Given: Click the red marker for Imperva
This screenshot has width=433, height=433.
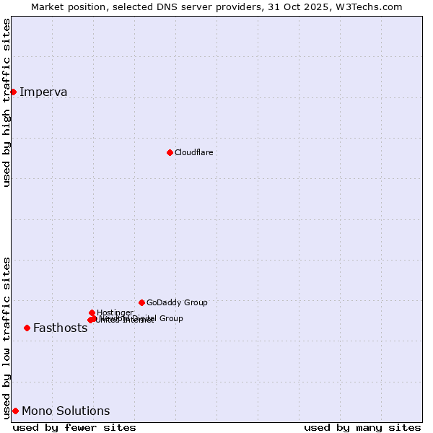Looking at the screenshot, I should click(13, 92).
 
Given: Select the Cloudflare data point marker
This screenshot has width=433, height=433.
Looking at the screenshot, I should click(170, 152).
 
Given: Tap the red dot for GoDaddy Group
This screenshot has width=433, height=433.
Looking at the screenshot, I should click(141, 302).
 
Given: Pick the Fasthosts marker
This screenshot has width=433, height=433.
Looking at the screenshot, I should click(27, 328).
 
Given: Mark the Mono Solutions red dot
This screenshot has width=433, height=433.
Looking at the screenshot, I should click(15, 411).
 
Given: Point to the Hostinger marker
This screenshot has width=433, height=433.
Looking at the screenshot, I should click(92, 312).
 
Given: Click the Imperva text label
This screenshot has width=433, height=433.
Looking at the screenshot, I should click(43, 92).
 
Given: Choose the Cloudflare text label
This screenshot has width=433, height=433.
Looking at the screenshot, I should click(193, 152).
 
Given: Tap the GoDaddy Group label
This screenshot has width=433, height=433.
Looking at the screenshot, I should click(177, 302).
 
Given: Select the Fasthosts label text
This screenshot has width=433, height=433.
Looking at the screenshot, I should click(60, 328).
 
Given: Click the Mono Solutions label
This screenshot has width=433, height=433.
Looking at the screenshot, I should click(66, 411).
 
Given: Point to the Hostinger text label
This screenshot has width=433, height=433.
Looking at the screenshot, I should click(114, 312).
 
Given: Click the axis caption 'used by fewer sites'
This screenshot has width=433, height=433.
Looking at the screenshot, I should click(74, 427).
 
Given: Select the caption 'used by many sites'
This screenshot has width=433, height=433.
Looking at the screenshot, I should click(362, 427).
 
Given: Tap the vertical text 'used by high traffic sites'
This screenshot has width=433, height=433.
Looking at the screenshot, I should click(6, 103).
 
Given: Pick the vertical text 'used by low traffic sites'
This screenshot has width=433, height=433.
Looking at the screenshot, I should click(6, 338).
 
